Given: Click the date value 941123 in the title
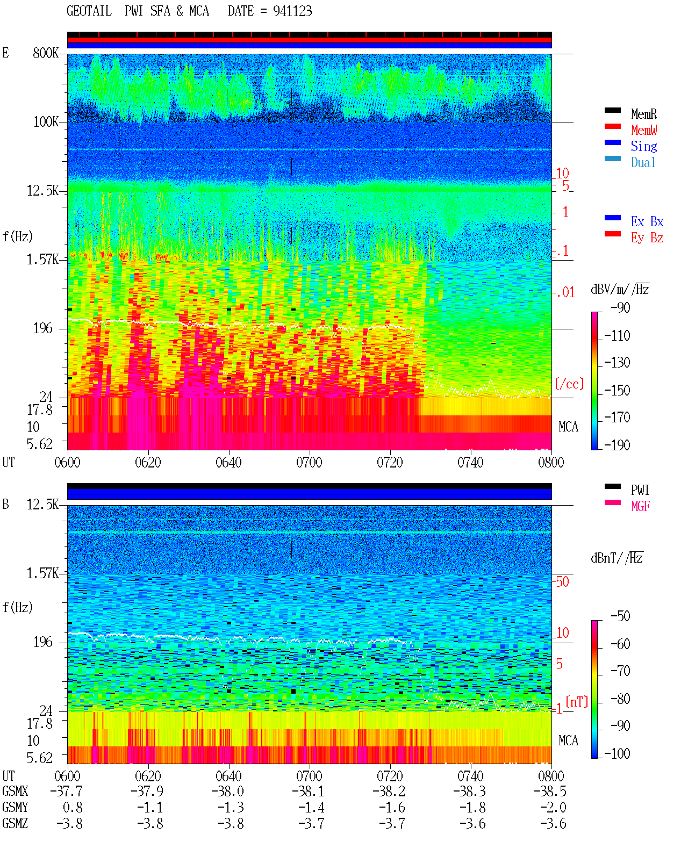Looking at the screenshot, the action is click(x=292, y=11).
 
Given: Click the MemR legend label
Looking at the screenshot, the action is click(x=643, y=114).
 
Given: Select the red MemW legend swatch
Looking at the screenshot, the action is click(x=612, y=126).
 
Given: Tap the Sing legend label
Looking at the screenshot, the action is click(x=643, y=146).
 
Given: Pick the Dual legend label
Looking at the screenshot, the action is click(x=643, y=162).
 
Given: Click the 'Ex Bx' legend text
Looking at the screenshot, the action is click(x=647, y=221).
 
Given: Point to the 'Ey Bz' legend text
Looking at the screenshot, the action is click(x=647, y=238).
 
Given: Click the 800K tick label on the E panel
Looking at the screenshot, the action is click(x=46, y=53).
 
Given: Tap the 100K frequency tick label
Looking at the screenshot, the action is click(x=46, y=122).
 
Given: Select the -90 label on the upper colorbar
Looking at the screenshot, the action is click(x=620, y=307).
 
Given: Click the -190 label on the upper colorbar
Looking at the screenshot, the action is click(x=617, y=445).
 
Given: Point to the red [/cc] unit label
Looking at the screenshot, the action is click(x=569, y=384).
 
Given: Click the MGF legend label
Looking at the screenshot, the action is click(x=640, y=506).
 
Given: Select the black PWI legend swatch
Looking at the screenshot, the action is click(x=612, y=486).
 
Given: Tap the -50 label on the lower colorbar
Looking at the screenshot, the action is click(x=620, y=616).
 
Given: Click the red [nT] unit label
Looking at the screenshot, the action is click(x=577, y=701).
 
